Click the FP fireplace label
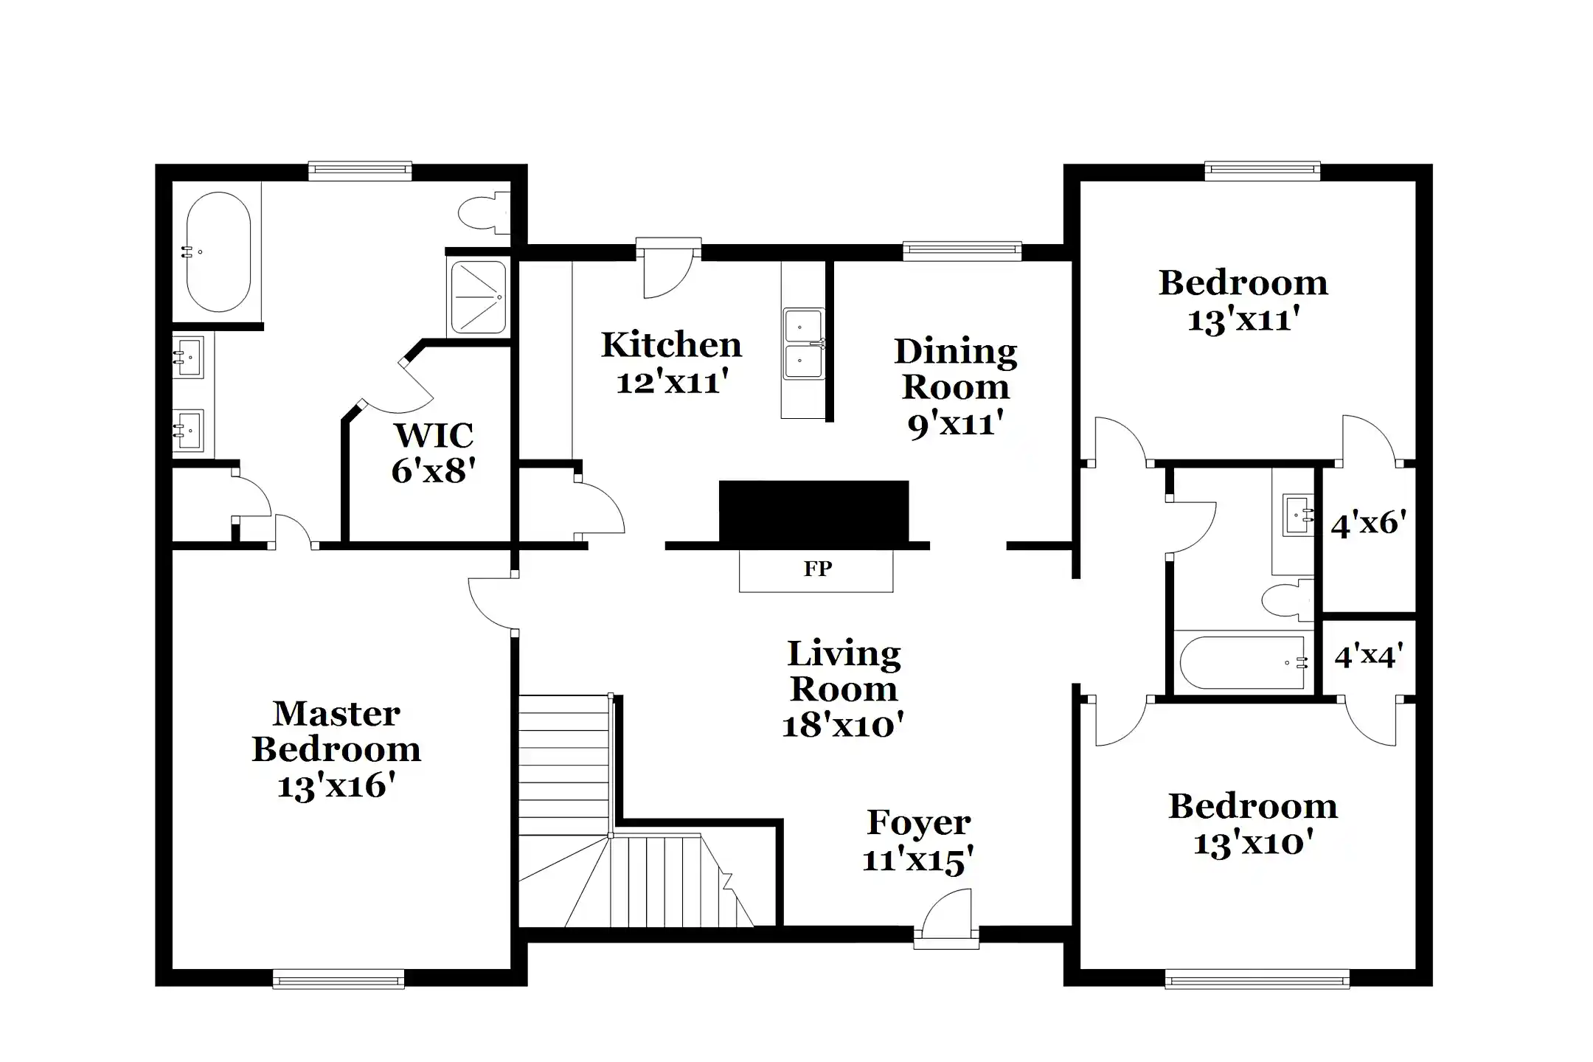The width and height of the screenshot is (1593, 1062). click(x=817, y=569)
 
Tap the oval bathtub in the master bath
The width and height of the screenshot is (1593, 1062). click(x=218, y=252)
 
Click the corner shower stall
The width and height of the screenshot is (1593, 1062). click(x=478, y=297)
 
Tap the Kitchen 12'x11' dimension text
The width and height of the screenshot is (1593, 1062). click(x=672, y=382)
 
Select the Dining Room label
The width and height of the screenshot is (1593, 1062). click(x=955, y=369)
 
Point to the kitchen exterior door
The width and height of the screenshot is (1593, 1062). click(x=668, y=269)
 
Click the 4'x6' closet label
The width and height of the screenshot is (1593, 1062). click(x=1369, y=524)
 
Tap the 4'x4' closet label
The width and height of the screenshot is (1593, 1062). click(x=1369, y=655)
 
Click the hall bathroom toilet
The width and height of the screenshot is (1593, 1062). click(x=1286, y=600)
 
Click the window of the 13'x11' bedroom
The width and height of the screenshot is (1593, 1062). click(x=1262, y=171)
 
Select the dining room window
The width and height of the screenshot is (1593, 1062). click(x=962, y=251)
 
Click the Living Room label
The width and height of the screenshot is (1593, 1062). click(x=844, y=671)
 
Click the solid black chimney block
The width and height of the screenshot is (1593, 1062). click(x=813, y=512)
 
